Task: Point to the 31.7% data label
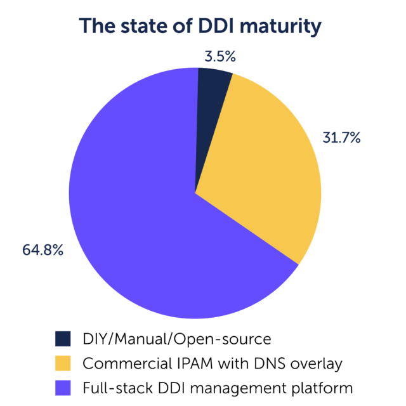click(341, 136)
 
